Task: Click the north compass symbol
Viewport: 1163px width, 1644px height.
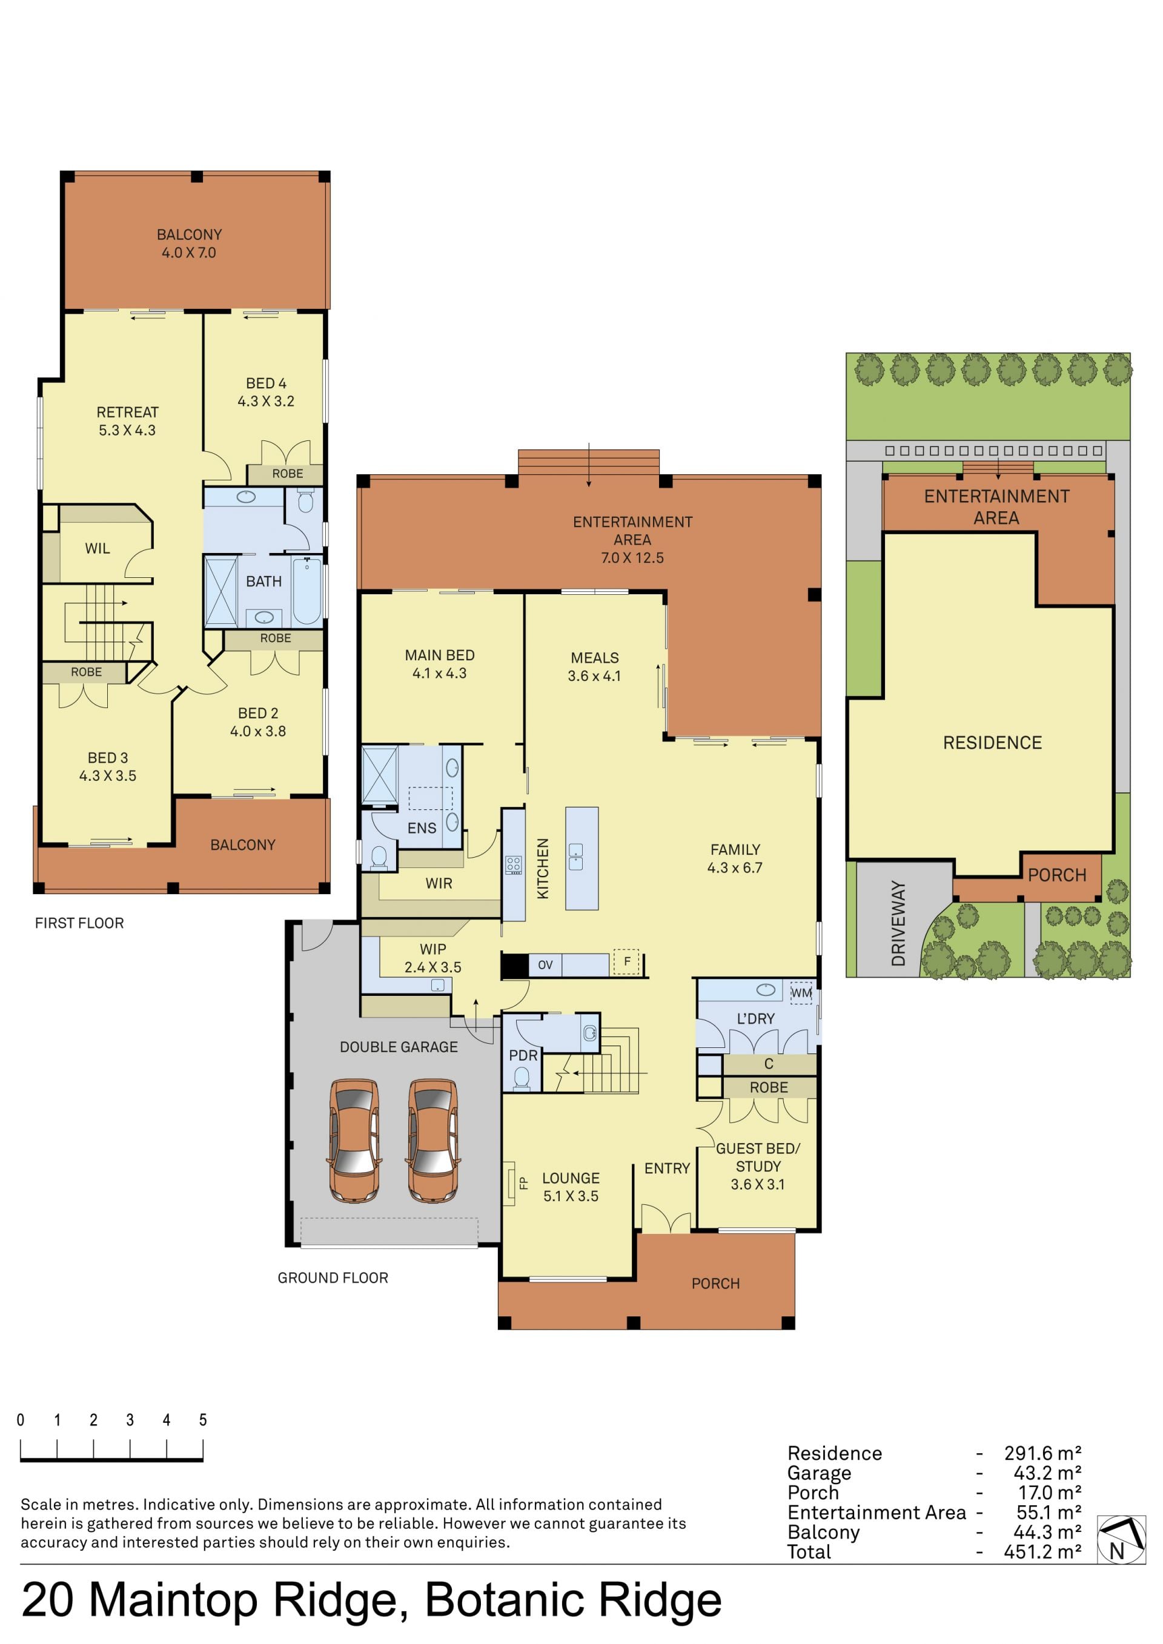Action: pyautogui.click(x=1121, y=1539)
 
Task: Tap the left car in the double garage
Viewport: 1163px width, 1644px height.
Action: pyautogui.click(x=354, y=1140)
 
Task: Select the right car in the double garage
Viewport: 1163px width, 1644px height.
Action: pyautogui.click(x=433, y=1140)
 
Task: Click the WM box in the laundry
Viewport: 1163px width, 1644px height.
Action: pyautogui.click(x=801, y=992)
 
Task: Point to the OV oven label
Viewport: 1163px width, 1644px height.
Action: pyautogui.click(x=545, y=964)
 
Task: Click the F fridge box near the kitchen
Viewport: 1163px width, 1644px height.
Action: pyautogui.click(x=626, y=962)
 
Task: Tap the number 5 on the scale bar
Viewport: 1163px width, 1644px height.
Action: pyautogui.click(x=203, y=1419)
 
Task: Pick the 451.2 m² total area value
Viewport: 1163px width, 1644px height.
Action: pyautogui.click(x=1042, y=1552)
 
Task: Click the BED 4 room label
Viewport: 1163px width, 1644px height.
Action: pyautogui.click(x=267, y=383)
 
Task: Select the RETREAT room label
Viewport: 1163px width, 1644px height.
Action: pyautogui.click(x=127, y=412)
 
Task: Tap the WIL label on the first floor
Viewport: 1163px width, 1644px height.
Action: pyautogui.click(x=98, y=548)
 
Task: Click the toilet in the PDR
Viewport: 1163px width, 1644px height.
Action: pyautogui.click(x=522, y=1078)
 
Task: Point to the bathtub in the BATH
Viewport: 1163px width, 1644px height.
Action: pyautogui.click(x=307, y=591)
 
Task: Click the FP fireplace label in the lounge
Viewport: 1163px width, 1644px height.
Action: pyautogui.click(x=523, y=1183)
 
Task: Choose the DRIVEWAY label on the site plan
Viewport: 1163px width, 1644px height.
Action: pyautogui.click(x=898, y=923)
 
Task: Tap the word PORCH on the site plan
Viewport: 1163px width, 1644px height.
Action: pyautogui.click(x=1057, y=875)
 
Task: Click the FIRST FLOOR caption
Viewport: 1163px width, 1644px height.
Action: pyautogui.click(x=79, y=923)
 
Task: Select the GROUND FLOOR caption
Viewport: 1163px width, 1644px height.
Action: pyautogui.click(x=333, y=1278)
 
